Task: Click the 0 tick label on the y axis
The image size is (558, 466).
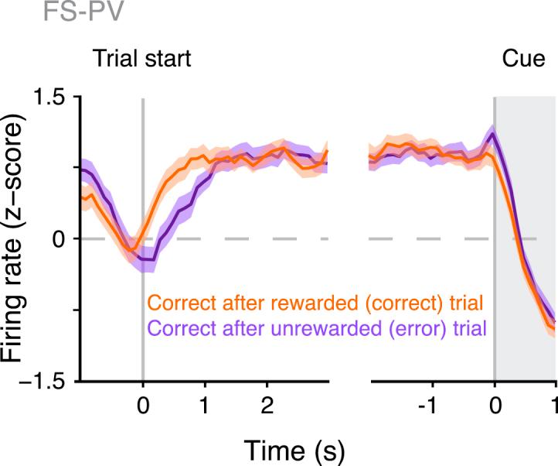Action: tap(59, 239)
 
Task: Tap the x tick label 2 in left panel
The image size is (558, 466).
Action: tap(267, 405)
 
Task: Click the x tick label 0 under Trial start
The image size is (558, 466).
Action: tap(142, 405)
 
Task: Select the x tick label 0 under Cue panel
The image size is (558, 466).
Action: tap(495, 405)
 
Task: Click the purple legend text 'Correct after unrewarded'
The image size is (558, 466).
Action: tap(228, 328)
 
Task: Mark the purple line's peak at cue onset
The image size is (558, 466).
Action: tap(492, 132)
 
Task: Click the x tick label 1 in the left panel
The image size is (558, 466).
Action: tap(205, 405)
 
